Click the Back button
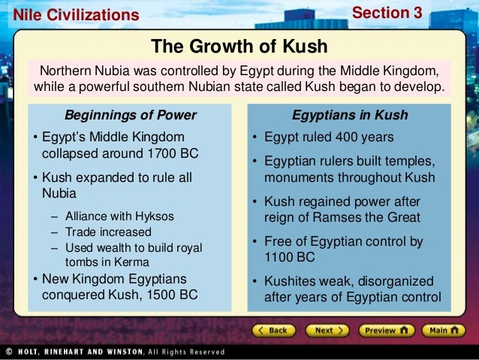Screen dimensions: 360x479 [x=273, y=330]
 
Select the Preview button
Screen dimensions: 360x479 [x=385, y=330]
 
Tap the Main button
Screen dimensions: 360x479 [x=444, y=330]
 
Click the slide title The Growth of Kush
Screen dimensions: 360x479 [x=239, y=47]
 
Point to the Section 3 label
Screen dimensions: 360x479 [x=387, y=13]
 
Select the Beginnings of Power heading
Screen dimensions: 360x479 [x=130, y=115]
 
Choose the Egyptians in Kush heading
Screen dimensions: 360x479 [x=350, y=115]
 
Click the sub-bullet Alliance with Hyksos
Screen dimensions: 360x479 [x=119, y=216]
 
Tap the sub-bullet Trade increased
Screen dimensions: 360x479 [x=108, y=232]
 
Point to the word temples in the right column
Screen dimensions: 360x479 [x=412, y=162]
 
